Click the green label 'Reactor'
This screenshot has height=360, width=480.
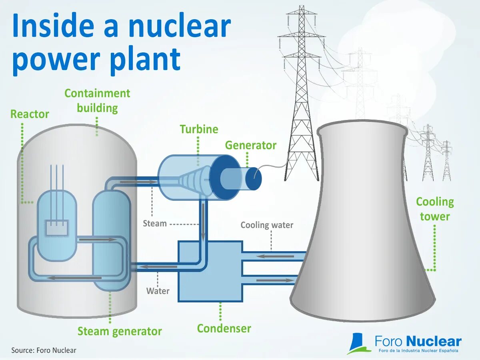click(x=30, y=114)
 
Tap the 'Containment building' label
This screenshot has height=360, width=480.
click(x=97, y=101)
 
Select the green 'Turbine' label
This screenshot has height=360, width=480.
click(x=199, y=130)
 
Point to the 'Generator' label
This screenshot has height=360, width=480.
click(x=250, y=145)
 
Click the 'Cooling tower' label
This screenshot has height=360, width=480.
click(x=435, y=209)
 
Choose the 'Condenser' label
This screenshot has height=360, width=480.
click(x=224, y=329)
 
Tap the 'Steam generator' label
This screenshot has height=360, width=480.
click(x=120, y=332)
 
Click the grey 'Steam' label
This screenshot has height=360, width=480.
click(x=155, y=224)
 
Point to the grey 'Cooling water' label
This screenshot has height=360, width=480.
click(x=267, y=225)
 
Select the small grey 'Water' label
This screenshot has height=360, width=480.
click(x=158, y=291)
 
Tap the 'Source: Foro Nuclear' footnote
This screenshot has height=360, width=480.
click(x=44, y=350)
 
